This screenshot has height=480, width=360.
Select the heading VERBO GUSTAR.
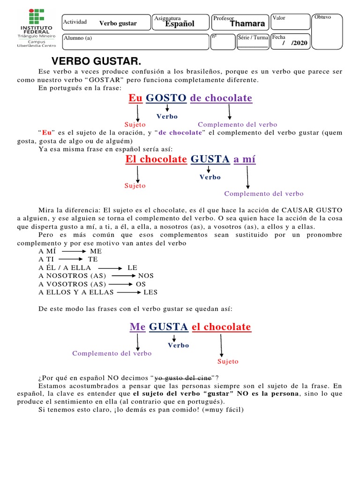96,62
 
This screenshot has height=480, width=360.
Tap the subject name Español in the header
180,24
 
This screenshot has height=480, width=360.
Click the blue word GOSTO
166,98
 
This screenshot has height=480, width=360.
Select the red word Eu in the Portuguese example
135,98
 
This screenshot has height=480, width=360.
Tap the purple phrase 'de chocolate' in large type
221,98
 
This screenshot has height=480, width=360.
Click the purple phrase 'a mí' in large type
244,159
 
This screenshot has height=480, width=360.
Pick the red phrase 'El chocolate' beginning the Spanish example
156,159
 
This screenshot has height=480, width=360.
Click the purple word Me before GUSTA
137,327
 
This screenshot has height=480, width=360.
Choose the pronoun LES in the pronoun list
150,292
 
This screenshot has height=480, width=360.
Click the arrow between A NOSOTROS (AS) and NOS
123,276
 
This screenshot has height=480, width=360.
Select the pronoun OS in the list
141,284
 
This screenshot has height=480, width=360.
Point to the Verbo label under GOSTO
167,116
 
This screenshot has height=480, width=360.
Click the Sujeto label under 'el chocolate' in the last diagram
228,361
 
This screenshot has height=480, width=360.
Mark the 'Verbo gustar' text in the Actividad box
118,23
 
